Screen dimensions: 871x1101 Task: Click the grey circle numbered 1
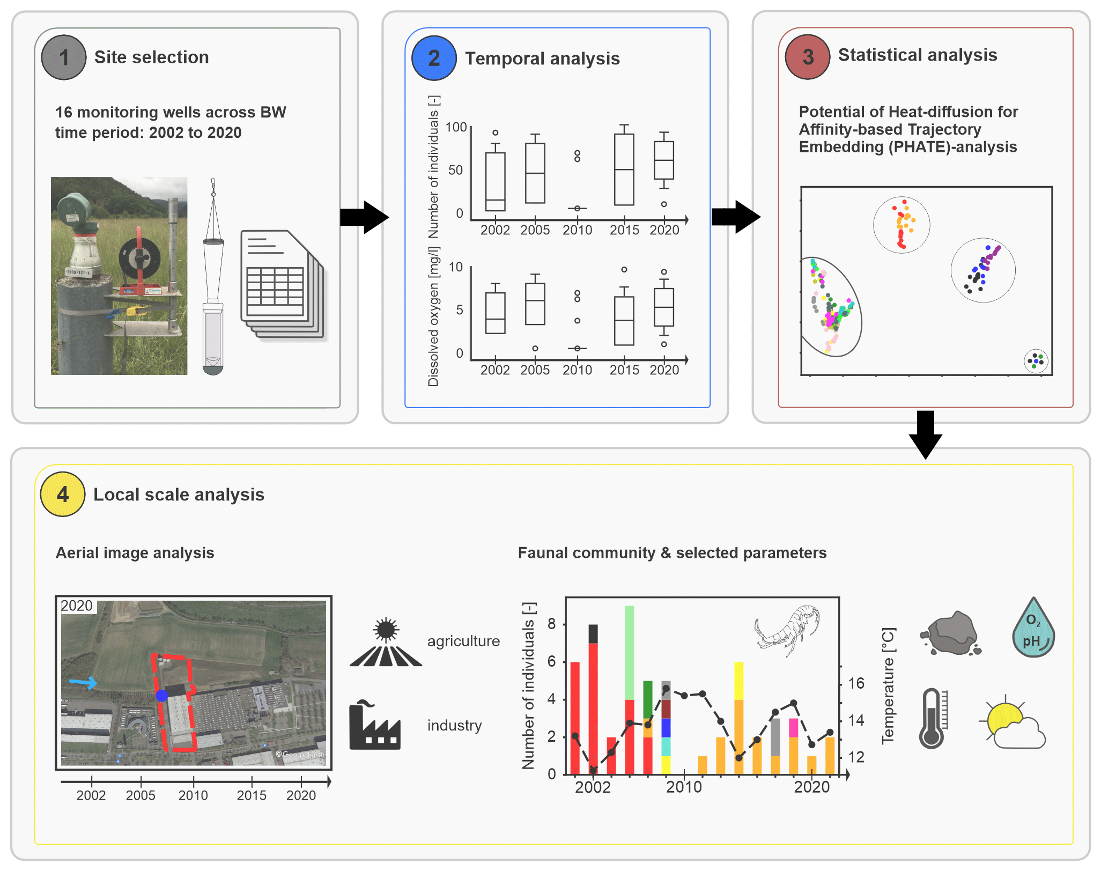64,57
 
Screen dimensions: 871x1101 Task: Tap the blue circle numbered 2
434,58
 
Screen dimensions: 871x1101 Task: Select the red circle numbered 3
808,57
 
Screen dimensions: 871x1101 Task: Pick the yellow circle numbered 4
63,494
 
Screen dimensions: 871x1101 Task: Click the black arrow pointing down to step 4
926,434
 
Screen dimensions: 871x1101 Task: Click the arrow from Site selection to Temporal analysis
365,217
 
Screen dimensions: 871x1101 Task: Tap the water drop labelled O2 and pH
1033,629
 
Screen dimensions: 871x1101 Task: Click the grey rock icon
951,633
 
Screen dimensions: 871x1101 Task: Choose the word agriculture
463,641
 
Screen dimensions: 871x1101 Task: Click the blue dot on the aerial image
161,696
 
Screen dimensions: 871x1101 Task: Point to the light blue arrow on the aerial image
83,683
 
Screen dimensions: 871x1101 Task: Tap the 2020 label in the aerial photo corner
77,606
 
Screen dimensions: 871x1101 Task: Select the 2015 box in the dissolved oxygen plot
624,321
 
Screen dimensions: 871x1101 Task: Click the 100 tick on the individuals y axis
456,127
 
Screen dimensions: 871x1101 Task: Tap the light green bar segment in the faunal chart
630,652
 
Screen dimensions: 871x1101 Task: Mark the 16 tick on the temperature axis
856,683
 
